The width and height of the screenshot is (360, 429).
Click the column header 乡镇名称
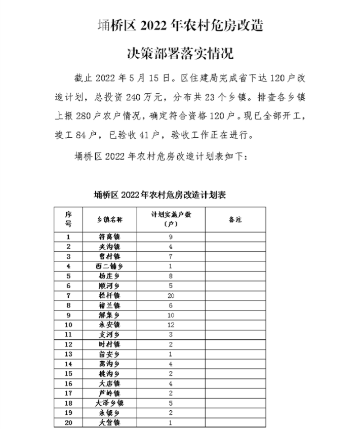[x=109, y=219]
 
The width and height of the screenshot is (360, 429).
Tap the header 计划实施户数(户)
[x=171, y=219]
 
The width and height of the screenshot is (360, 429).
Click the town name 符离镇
[x=109, y=237]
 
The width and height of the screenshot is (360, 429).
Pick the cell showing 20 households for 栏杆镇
[x=171, y=295]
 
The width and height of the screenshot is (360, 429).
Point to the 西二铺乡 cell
[x=109, y=266]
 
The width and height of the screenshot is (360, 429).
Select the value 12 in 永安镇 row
[x=171, y=325]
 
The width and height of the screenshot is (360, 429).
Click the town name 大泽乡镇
[x=109, y=403]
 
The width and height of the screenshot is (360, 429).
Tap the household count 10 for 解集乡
[x=171, y=315]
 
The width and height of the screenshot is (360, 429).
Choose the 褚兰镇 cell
[x=109, y=305]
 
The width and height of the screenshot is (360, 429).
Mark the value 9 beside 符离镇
[x=171, y=237]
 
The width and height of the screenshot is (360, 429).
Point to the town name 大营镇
[x=109, y=422]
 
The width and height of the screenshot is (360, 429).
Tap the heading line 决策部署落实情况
[x=180, y=52]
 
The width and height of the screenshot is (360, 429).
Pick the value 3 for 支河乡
[x=171, y=334]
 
